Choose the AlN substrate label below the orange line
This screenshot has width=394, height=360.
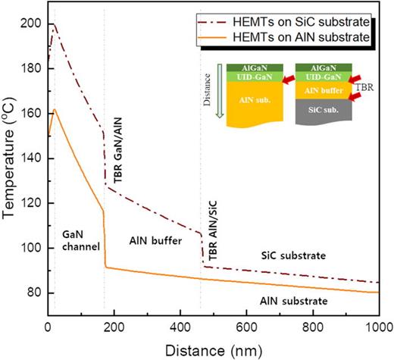point(294,302)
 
